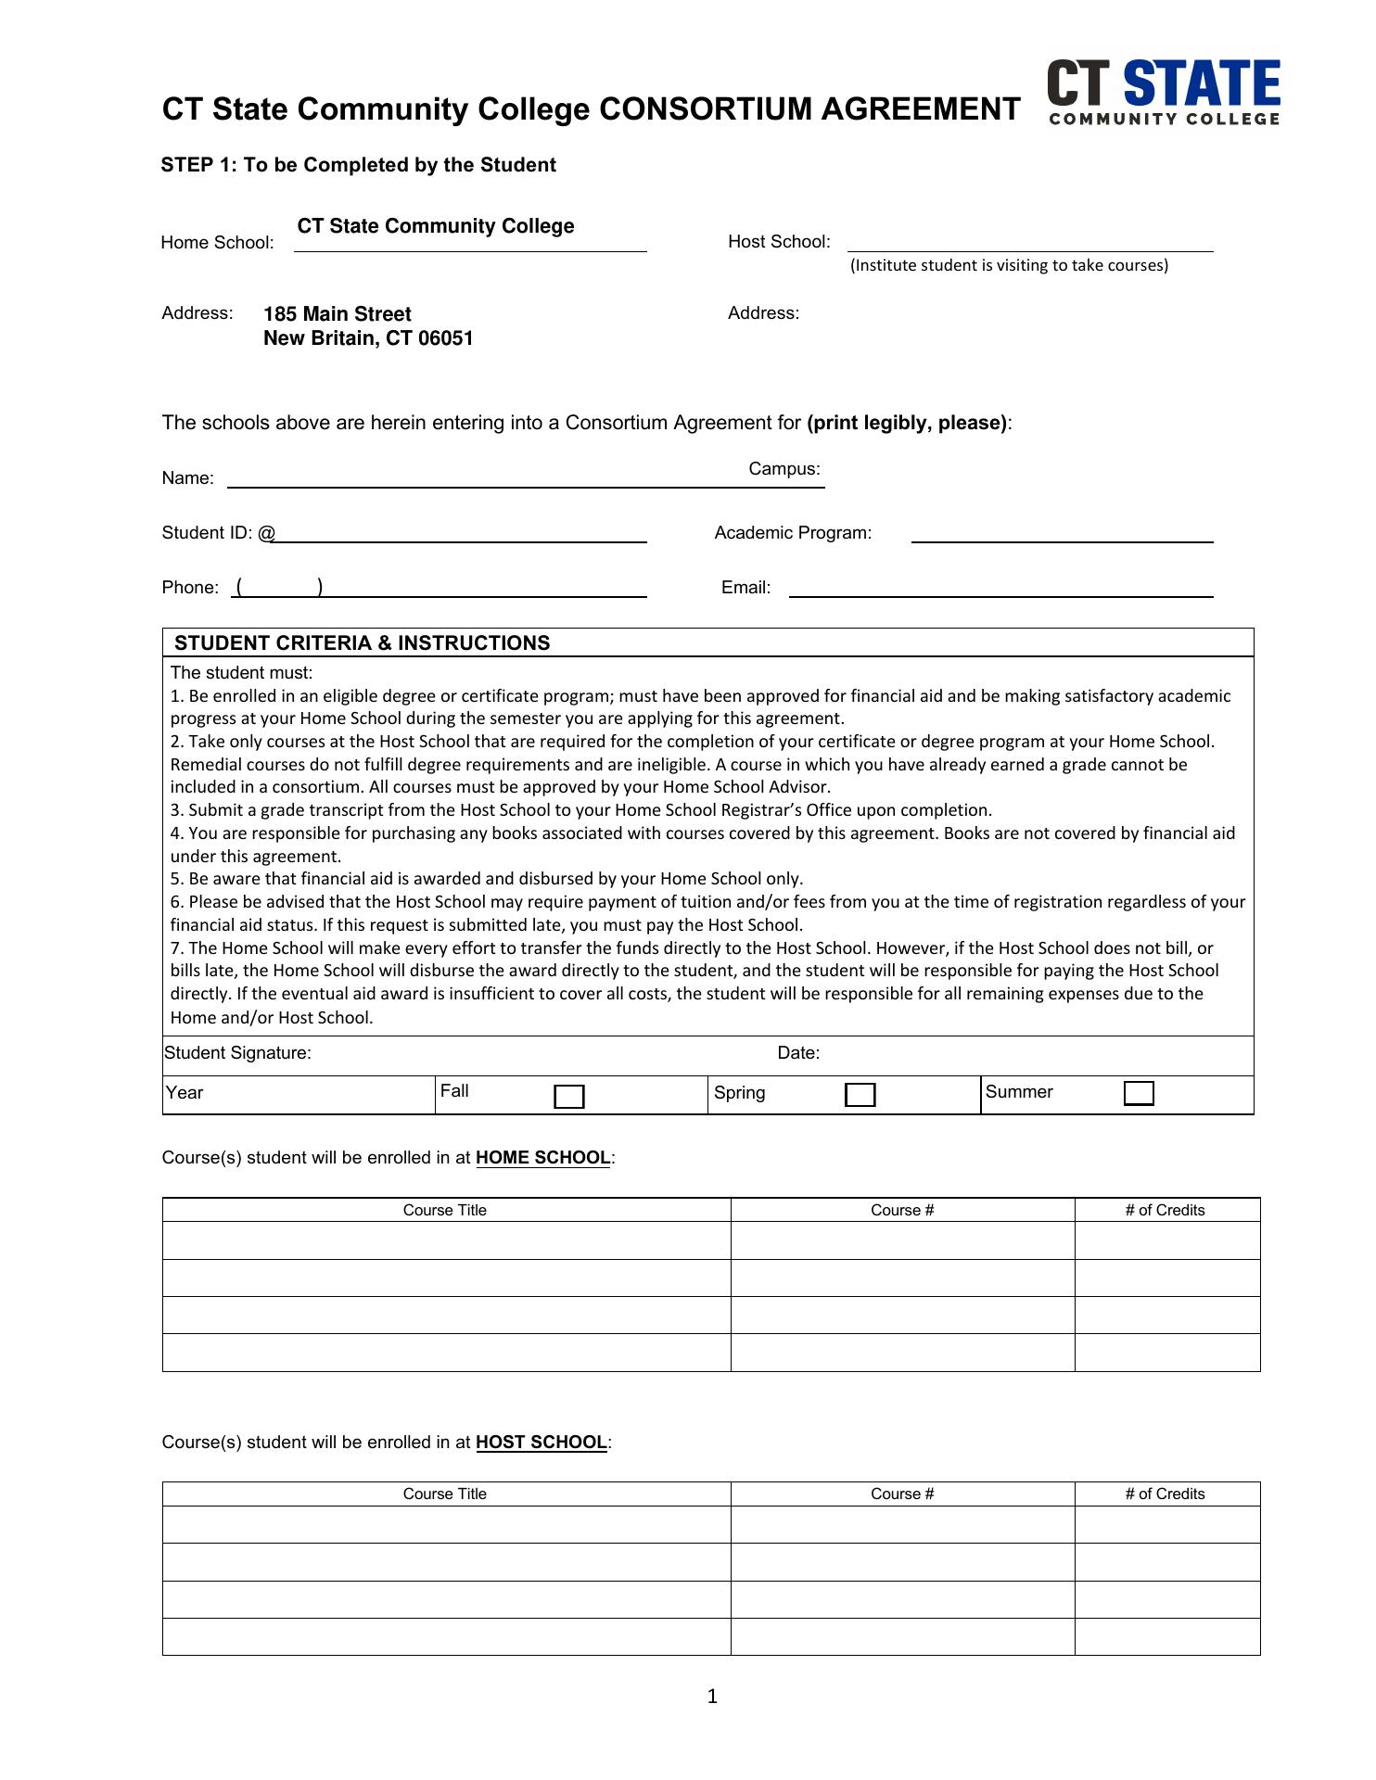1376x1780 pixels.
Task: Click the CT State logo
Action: pos(1164,92)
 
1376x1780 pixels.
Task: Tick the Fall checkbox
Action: pos(568,1097)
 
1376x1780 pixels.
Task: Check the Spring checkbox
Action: pos(860,1095)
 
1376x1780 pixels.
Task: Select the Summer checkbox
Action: pos(1139,1094)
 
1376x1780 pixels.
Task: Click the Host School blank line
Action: pos(1029,243)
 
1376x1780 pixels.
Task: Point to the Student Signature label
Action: pos(238,1053)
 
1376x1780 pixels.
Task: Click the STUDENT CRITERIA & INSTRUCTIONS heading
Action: pos(362,643)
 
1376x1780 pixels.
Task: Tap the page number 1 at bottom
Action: pos(712,1697)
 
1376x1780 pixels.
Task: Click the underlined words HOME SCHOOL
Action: pos(542,1158)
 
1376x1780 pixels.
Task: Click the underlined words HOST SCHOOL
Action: pos(541,1443)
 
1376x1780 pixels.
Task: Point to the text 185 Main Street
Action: pos(338,314)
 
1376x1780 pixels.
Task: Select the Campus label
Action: pos(784,469)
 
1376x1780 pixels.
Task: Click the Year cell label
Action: pos(185,1093)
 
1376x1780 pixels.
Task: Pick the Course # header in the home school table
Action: pos(902,1210)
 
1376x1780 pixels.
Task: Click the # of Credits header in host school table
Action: pos(1165,1494)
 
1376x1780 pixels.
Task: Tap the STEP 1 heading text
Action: pos(358,165)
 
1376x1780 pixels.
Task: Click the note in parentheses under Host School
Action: pos(1009,266)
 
